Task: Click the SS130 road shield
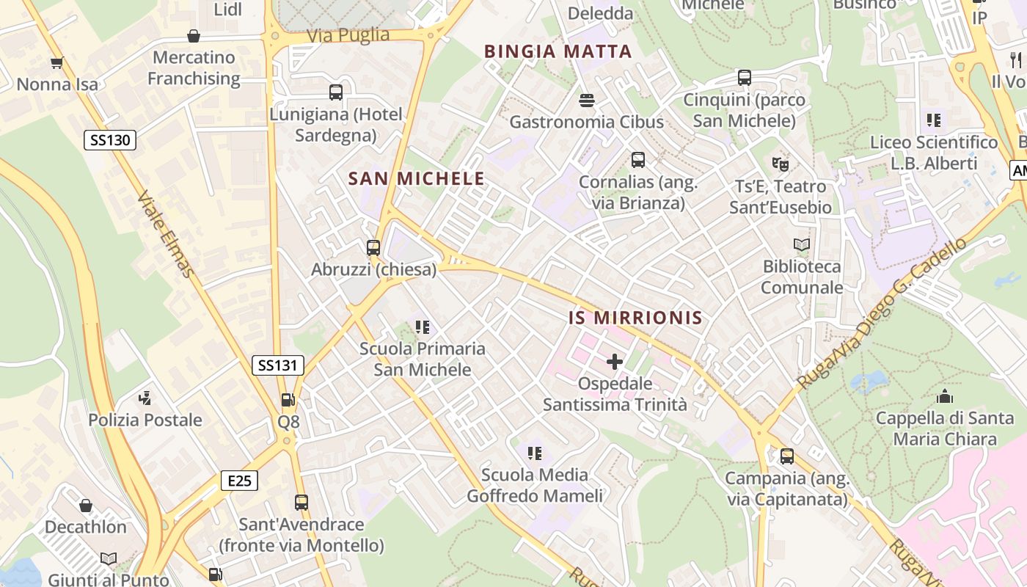click(x=110, y=139)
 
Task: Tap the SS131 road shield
click(x=278, y=365)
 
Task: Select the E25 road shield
click(x=239, y=481)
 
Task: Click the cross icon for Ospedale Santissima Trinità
click(x=615, y=362)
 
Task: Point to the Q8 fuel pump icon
click(x=288, y=400)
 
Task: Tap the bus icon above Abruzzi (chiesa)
click(x=373, y=247)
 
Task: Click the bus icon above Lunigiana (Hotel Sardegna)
click(x=336, y=92)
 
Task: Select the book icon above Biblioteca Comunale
click(x=802, y=244)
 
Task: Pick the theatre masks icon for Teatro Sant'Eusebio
click(x=780, y=164)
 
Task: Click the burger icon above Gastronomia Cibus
click(x=586, y=100)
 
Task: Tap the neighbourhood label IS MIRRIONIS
click(x=635, y=318)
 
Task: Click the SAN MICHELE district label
click(x=416, y=178)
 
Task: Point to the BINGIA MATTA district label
click(x=558, y=51)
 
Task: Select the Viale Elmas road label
click(x=167, y=235)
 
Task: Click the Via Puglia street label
click(x=348, y=35)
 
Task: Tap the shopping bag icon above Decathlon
click(x=86, y=506)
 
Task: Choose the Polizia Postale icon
click(x=145, y=398)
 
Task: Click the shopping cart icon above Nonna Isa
click(x=56, y=63)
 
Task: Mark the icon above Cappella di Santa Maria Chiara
click(x=945, y=397)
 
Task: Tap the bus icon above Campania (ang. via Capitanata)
click(x=787, y=456)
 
